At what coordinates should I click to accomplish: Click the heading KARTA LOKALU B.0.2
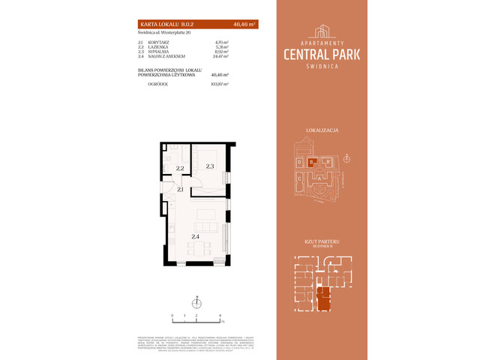(x=161, y=24)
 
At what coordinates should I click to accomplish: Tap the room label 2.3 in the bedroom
(x=210, y=166)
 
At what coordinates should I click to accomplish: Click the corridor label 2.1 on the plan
(x=180, y=190)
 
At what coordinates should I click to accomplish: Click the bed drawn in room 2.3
(x=209, y=155)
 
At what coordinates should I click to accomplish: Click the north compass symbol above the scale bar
(x=196, y=304)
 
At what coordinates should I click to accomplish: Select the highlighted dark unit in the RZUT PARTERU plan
(x=323, y=297)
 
